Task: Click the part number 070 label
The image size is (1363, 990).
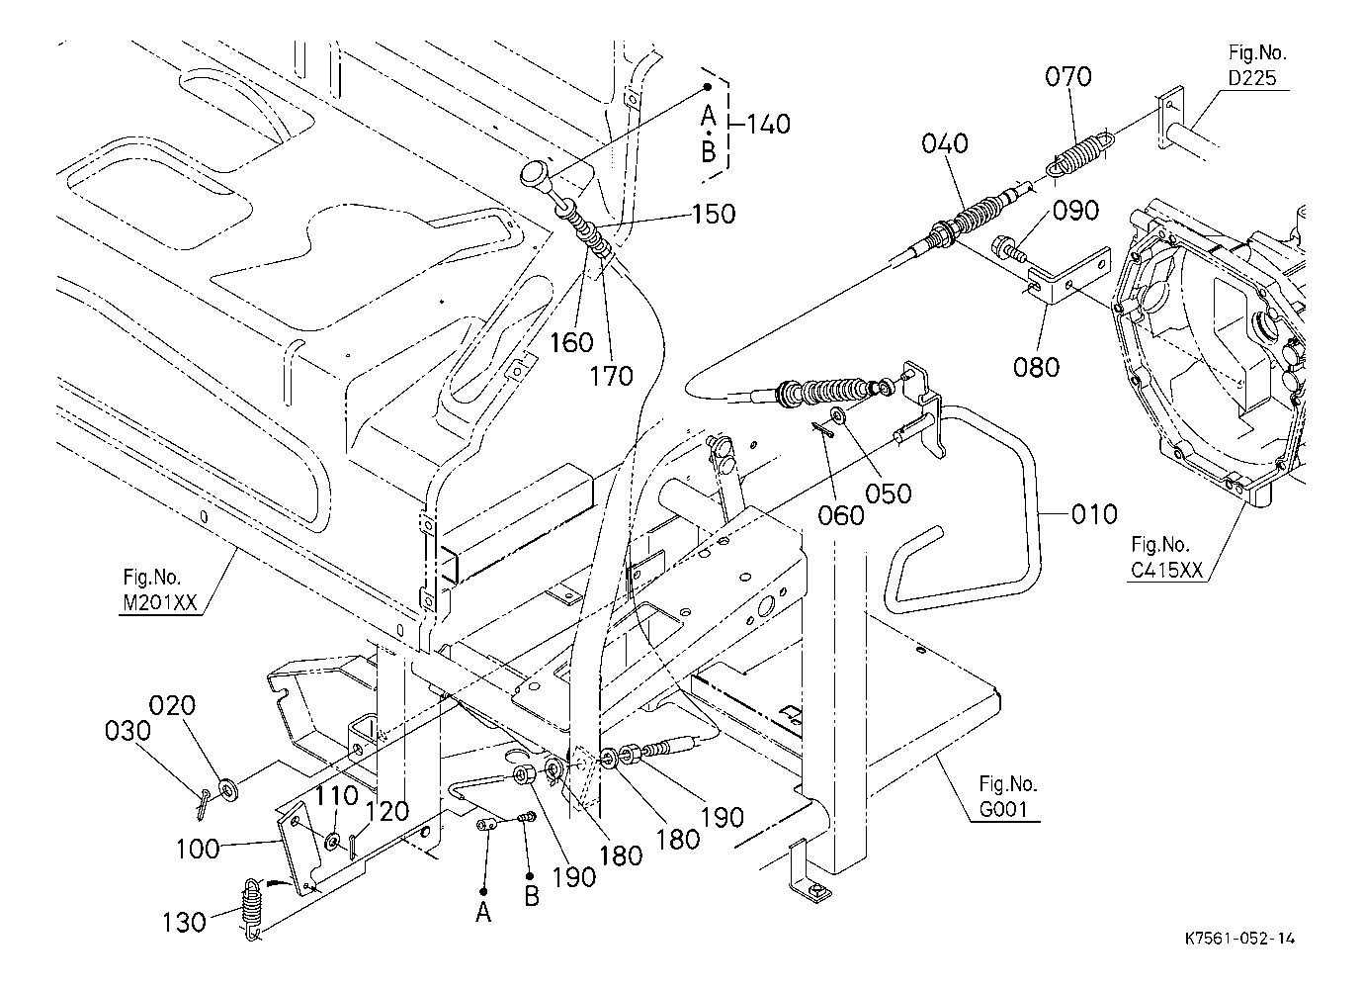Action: click(x=1069, y=76)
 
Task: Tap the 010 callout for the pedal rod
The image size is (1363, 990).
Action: click(x=1094, y=514)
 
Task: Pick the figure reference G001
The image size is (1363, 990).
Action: click(x=1008, y=810)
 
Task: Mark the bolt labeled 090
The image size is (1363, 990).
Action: click(x=1008, y=246)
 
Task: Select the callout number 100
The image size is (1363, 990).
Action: click(x=196, y=850)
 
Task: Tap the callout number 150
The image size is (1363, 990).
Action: click(x=713, y=214)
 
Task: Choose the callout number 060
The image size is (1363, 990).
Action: click(x=841, y=514)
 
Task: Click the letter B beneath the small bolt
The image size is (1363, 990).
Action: click(x=531, y=897)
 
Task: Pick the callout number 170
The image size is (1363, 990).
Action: click(x=612, y=376)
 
